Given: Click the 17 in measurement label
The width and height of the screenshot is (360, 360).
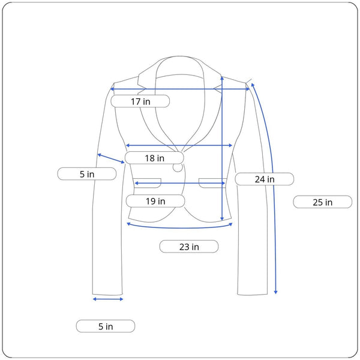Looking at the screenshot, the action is click(140, 101).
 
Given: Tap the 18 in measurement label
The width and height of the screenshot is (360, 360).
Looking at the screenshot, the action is click(154, 158).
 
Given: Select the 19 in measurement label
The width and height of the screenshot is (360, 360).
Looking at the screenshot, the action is click(155, 201).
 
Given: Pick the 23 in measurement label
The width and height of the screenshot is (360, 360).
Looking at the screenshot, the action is click(189, 247).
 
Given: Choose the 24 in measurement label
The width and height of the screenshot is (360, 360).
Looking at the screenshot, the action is click(265, 179).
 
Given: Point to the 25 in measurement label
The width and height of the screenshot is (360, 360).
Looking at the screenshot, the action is click(323, 202).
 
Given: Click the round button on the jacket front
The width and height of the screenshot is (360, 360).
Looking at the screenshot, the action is click(178, 167).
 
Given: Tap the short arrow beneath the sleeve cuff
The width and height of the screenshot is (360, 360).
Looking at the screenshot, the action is click(108, 299).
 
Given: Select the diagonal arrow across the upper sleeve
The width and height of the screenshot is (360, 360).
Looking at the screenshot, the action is click(111, 158).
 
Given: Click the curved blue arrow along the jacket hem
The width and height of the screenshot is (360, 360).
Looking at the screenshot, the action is click(179, 228).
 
